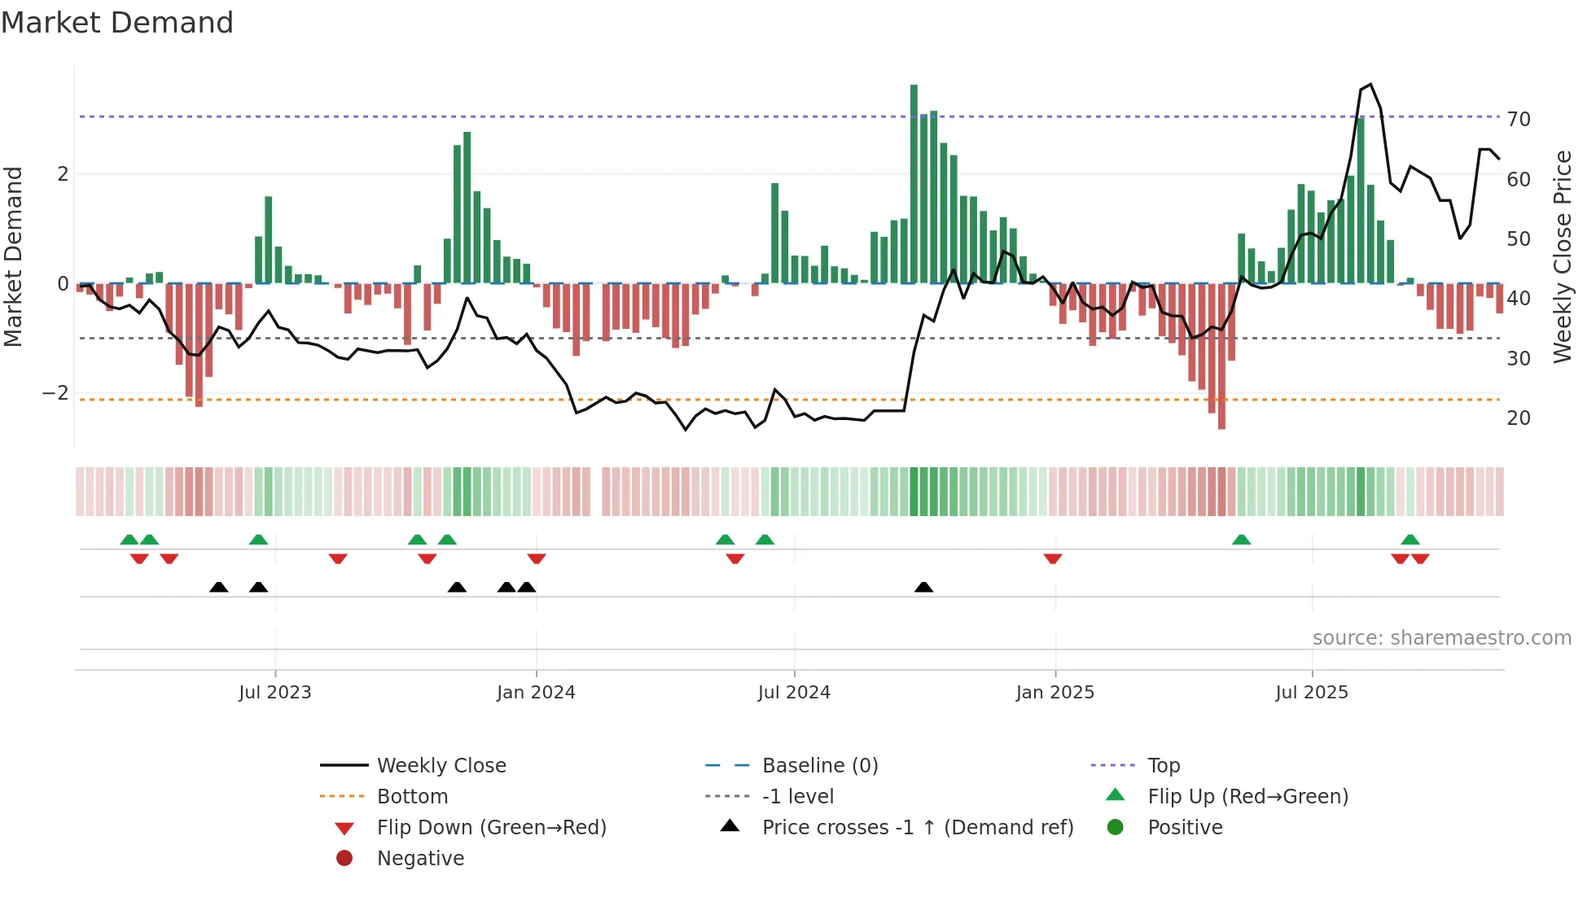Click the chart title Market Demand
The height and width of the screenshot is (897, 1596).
[x=117, y=23]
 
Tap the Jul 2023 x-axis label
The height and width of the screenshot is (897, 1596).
[x=275, y=693]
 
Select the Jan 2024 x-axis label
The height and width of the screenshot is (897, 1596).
[x=536, y=693]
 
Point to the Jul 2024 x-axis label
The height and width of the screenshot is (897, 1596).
[x=794, y=693]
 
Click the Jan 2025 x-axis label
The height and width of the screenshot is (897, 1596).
[x=1055, y=693]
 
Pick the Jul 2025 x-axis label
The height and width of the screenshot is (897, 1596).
[x=1312, y=693]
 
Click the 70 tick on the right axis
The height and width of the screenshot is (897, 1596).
[x=1519, y=120]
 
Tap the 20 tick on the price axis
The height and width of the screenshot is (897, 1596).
[x=1519, y=418]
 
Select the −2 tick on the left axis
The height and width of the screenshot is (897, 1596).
[x=55, y=393]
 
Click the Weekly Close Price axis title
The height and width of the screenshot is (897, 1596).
[x=1562, y=256]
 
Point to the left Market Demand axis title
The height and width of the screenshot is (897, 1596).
[x=13, y=256]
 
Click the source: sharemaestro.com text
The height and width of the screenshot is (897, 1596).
[x=1441, y=638]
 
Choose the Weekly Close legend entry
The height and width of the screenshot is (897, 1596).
[x=441, y=766]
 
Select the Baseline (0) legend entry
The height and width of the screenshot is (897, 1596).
[x=820, y=766]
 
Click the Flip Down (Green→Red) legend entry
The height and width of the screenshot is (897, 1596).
[x=491, y=828]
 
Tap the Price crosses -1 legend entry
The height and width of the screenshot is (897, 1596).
[x=918, y=828]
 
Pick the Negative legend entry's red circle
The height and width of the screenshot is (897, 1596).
[x=344, y=859]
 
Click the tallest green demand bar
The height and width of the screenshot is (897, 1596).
[x=914, y=184]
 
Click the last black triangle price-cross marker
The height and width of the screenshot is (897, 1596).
[x=923, y=587]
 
